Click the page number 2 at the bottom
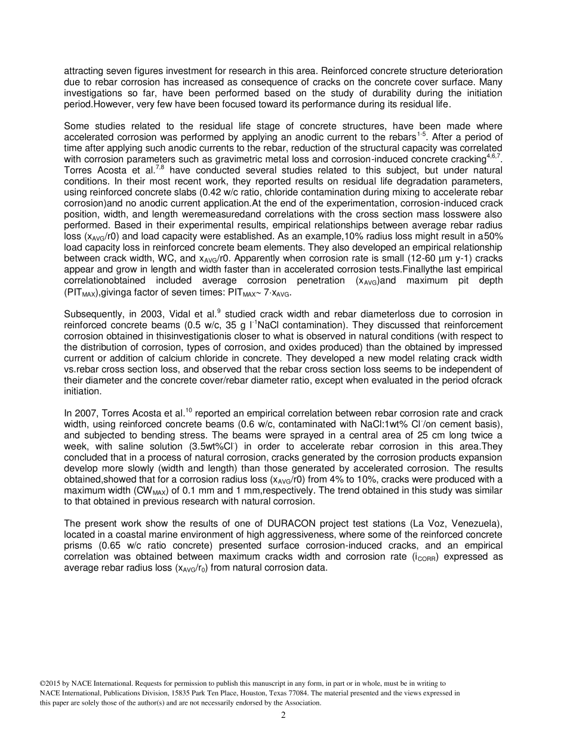pyautogui.click(x=283, y=716)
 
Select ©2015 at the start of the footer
pyautogui.click(x=49, y=683)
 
